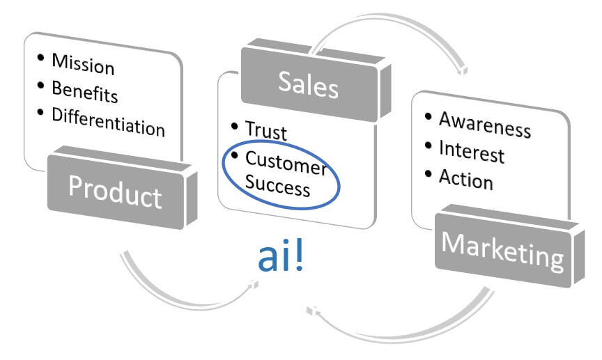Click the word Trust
pos(265,131)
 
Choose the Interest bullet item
pos(471,150)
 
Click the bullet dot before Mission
pos(40,57)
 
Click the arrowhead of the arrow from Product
pos(252,285)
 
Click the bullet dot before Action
pos(427,173)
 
